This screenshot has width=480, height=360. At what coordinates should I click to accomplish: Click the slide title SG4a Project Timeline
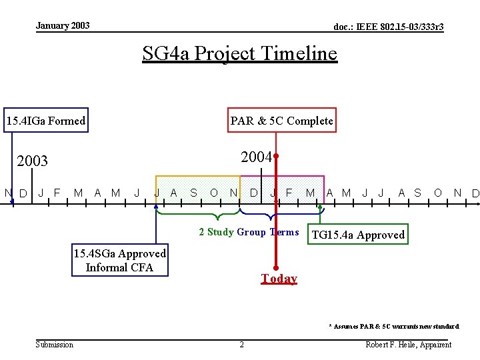point(240,53)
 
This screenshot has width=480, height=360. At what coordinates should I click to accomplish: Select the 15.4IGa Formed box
point(45,121)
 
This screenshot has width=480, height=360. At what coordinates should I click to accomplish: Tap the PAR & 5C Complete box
point(281,121)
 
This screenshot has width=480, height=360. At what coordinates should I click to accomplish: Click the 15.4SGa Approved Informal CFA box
point(120,261)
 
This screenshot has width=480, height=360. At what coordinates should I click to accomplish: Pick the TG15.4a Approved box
point(358,235)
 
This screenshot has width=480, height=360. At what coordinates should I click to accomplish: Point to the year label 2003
point(32,161)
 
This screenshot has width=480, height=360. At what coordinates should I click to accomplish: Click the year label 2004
point(256,157)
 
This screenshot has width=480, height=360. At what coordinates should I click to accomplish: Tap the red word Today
point(279,279)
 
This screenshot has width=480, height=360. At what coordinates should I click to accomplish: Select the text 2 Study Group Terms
point(249,232)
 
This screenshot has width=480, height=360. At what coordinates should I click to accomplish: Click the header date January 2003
point(63,26)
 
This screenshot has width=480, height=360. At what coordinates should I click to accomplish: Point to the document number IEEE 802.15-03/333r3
point(389,27)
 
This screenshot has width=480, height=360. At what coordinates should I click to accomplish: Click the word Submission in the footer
point(55,344)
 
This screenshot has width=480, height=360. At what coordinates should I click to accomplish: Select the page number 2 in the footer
point(241,345)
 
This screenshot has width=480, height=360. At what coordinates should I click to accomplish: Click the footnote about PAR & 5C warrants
point(393,326)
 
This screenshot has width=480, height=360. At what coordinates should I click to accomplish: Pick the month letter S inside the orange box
point(193,193)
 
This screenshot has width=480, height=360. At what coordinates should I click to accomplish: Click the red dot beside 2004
point(275,156)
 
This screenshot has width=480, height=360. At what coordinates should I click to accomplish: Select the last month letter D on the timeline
point(475,194)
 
